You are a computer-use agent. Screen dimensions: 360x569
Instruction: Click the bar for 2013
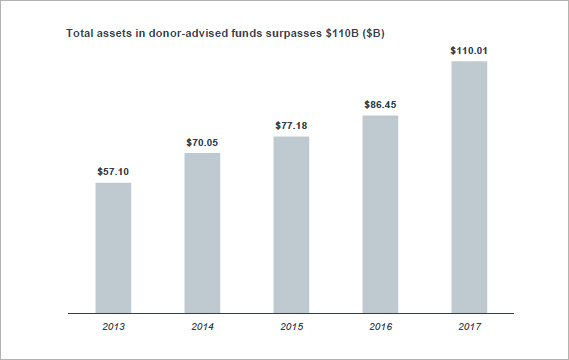pos(113,247)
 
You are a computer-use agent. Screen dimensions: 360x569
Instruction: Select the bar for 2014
pos(202,232)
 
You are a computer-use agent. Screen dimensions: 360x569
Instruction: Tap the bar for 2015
pos(291,224)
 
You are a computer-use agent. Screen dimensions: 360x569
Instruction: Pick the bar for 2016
pos(380,213)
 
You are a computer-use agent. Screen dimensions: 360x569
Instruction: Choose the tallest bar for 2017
pos(469,187)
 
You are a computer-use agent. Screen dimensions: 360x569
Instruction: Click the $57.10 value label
pos(113,172)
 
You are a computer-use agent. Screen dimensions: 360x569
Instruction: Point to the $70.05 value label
pos(202,143)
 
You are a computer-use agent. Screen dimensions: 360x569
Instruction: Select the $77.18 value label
pos(291,126)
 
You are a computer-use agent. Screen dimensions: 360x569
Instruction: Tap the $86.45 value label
pos(380,104)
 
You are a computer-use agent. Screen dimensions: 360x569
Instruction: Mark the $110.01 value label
pos(469,50)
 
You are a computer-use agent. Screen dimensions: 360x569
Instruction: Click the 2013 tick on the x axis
pos(113,326)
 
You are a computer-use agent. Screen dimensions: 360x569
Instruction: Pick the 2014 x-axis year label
pos(202,326)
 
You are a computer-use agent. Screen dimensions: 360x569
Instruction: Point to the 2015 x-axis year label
pos(291,326)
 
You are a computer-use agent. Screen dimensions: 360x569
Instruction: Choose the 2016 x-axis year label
pos(380,326)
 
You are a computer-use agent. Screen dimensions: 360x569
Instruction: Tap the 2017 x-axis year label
pos(469,326)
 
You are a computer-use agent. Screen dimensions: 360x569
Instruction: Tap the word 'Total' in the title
pos(80,34)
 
